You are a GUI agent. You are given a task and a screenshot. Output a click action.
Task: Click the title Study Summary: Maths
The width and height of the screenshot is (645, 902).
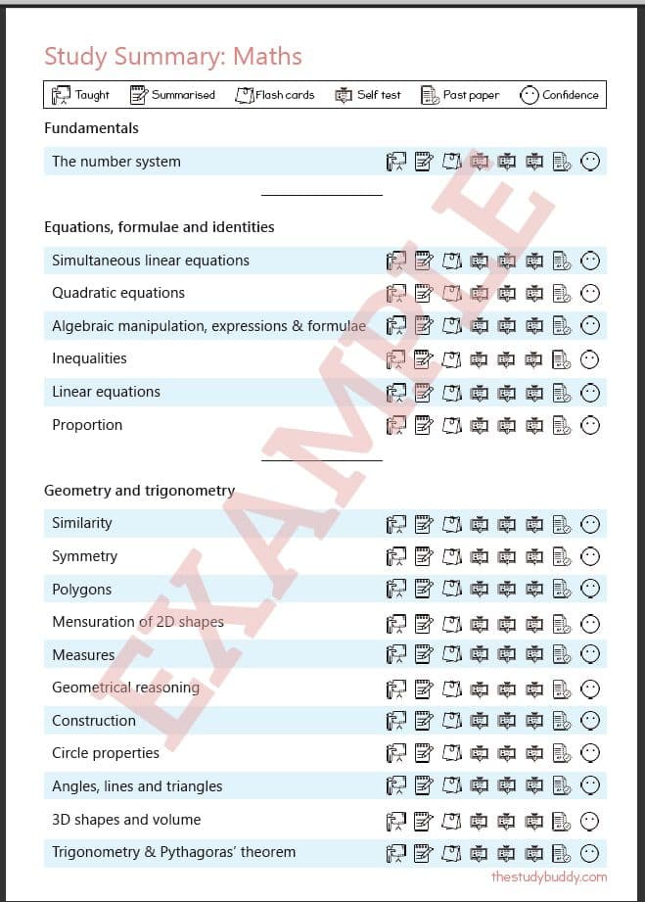click(173, 56)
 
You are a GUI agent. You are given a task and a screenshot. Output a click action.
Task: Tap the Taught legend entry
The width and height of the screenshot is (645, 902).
click(80, 95)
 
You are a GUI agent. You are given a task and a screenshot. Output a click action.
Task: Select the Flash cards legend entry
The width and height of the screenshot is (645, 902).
click(275, 95)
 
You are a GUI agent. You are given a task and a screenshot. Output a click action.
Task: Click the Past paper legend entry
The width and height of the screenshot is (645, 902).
click(460, 95)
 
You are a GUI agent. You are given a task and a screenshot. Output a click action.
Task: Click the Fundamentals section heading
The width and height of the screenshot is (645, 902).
click(92, 128)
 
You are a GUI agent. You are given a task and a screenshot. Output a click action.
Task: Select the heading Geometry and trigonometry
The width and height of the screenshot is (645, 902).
click(140, 491)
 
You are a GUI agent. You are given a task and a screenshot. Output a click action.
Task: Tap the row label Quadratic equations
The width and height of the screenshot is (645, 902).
click(118, 293)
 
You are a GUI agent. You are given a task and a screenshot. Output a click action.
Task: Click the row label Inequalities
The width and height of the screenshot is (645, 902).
click(89, 358)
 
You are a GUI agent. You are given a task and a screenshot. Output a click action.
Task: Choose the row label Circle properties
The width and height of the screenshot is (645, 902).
click(106, 753)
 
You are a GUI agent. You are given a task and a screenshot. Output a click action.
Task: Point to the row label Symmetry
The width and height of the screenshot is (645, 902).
click(84, 556)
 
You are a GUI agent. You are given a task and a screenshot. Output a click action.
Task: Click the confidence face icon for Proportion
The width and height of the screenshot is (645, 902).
click(590, 425)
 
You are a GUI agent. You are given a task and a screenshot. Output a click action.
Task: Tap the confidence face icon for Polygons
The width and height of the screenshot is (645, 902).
click(590, 589)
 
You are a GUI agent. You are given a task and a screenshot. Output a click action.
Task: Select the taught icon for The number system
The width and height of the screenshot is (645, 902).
click(396, 162)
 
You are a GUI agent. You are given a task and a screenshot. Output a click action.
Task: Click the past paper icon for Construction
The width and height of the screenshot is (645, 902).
click(562, 721)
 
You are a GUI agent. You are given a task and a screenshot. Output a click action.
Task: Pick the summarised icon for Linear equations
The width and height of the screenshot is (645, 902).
click(424, 392)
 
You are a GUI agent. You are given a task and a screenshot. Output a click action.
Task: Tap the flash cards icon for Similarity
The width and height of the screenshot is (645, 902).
click(451, 523)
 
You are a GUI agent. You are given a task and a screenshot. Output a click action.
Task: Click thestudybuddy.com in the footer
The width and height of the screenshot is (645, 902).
click(549, 877)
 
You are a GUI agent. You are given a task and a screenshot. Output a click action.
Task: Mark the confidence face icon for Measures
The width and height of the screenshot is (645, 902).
click(590, 654)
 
